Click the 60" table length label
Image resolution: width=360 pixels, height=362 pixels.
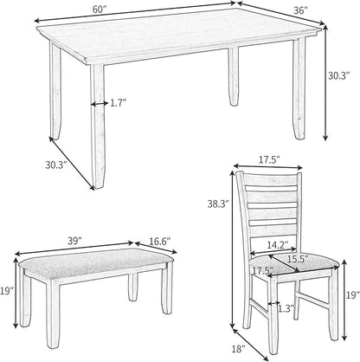(x=100, y=9)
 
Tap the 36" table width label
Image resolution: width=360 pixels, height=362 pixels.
(x=299, y=10)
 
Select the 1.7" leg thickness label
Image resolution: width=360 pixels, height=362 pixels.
(x=119, y=103)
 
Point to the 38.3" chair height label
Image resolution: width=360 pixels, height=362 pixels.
(x=218, y=204)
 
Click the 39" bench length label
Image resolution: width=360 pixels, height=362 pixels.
(x=74, y=241)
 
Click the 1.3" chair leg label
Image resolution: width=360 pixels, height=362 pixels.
(x=286, y=308)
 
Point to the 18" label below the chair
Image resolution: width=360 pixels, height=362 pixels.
(x=238, y=349)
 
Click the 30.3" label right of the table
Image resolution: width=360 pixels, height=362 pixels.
(x=339, y=75)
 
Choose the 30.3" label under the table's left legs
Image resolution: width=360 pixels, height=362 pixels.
(x=56, y=165)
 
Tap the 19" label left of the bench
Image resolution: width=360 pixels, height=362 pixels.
(x=7, y=291)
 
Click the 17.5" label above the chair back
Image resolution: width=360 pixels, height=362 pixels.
(x=268, y=160)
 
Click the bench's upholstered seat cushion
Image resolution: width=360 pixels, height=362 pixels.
(x=97, y=263)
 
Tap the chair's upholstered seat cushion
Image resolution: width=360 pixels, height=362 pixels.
(x=293, y=264)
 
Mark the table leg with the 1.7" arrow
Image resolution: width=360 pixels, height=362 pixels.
(x=98, y=126)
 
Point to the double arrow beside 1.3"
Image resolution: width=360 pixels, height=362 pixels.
(x=273, y=303)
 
